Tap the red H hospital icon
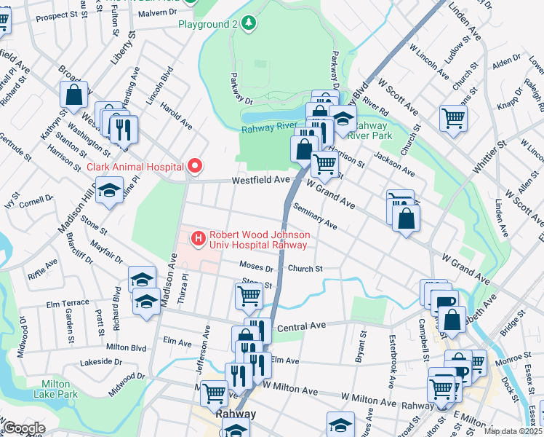[x=198, y=238]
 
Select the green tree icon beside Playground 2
[x=249, y=24]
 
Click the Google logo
[x=24, y=428]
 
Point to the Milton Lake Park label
[x=55, y=389]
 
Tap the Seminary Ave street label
[x=316, y=216]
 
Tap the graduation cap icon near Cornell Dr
[x=109, y=192]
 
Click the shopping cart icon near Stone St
[x=249, y=295]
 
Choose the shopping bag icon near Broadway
[x=74, y=94]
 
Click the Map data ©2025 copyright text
[x=513, y=431]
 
